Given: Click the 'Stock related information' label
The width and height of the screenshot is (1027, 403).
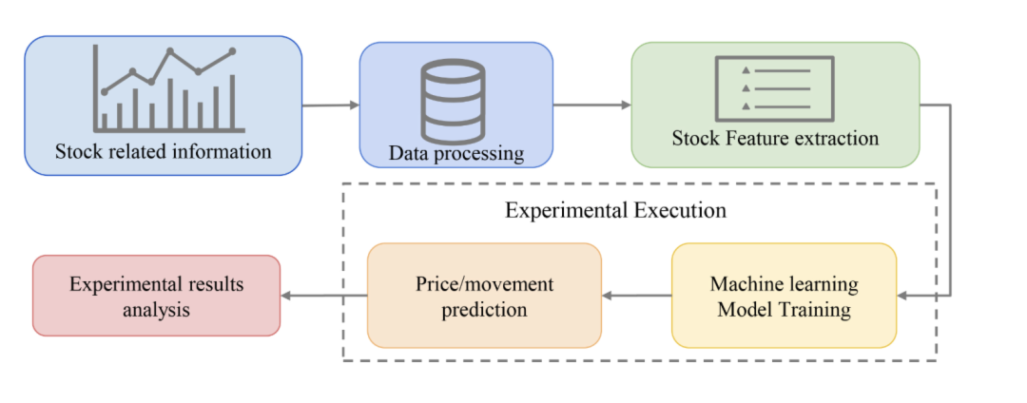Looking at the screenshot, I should coord(163,151).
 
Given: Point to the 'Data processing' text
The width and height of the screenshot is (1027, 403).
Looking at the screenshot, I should coord(455,152).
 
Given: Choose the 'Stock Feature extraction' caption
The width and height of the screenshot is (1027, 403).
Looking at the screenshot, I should coord(775,139).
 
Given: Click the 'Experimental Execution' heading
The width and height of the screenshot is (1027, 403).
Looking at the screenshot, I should coord(615,210).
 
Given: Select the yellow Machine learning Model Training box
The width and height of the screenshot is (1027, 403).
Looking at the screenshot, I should coord(784,296).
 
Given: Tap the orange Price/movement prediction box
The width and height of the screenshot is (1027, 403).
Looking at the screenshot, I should coord(484,296).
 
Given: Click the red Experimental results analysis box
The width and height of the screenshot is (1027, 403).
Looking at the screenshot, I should coord(157,296).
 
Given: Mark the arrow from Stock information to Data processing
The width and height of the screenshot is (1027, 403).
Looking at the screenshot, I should coord(330,106).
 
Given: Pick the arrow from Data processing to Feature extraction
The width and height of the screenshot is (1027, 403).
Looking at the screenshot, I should coord(591,105).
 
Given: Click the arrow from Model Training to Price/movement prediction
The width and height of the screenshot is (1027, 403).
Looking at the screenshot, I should coord(637,296).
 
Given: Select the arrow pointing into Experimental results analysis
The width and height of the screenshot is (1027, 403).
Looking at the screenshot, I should coord(324,296).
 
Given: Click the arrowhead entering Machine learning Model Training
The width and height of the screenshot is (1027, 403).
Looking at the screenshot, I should coord(904,297).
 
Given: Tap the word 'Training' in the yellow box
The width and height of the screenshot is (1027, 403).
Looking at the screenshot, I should coord(813,310).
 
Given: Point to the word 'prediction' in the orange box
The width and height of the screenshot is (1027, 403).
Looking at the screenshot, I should coord(484,310).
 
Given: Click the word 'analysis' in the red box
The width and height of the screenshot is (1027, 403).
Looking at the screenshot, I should coord(157,310).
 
